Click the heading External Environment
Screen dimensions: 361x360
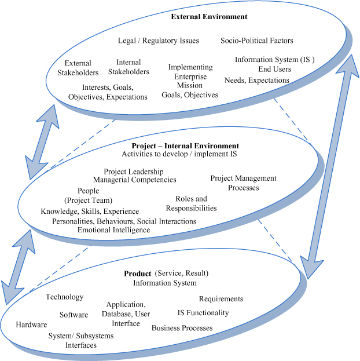[209, 17]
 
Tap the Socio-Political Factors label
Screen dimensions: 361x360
[256, 41]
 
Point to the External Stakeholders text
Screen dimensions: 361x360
[78, 68]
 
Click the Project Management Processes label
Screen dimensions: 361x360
[243, 183]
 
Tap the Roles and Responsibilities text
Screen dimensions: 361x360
[191, 203]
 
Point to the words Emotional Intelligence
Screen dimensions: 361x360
[113, 230]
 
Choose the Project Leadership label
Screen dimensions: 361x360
[134, 172]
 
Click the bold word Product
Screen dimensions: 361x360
[137, 274]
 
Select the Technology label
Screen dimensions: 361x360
[64, 297]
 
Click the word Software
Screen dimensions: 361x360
[74, 315]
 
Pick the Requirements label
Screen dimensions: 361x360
[221, 299]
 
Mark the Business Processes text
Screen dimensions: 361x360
[182, 328]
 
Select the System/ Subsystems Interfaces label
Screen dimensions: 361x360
[72, 340]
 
